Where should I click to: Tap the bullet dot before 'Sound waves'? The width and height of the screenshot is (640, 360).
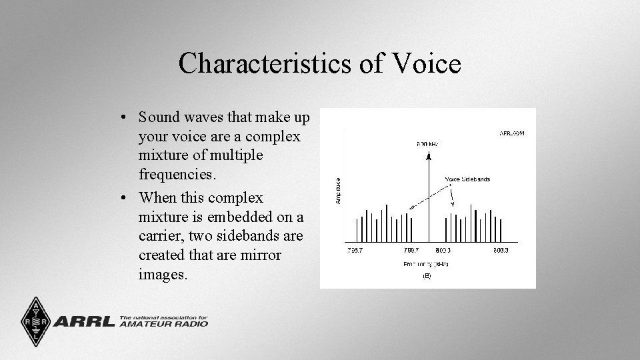point(125,118)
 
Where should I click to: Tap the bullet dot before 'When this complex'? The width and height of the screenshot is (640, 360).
point(125,199)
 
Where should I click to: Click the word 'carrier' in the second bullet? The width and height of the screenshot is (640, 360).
point(159,236)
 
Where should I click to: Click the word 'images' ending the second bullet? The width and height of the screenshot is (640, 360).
point(161,274)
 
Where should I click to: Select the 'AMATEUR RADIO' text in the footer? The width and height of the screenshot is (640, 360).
point(164,324)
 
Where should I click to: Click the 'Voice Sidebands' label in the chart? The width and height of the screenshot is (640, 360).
point(467,179)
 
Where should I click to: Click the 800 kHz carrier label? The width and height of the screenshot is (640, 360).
point(427,143)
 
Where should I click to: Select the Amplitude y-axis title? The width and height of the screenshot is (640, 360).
point(338,190)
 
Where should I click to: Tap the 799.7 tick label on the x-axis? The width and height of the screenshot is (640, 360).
point(411,251)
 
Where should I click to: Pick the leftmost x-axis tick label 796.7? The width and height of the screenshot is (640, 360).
point(355,251)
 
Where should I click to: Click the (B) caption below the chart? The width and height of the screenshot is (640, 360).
point(426,276)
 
